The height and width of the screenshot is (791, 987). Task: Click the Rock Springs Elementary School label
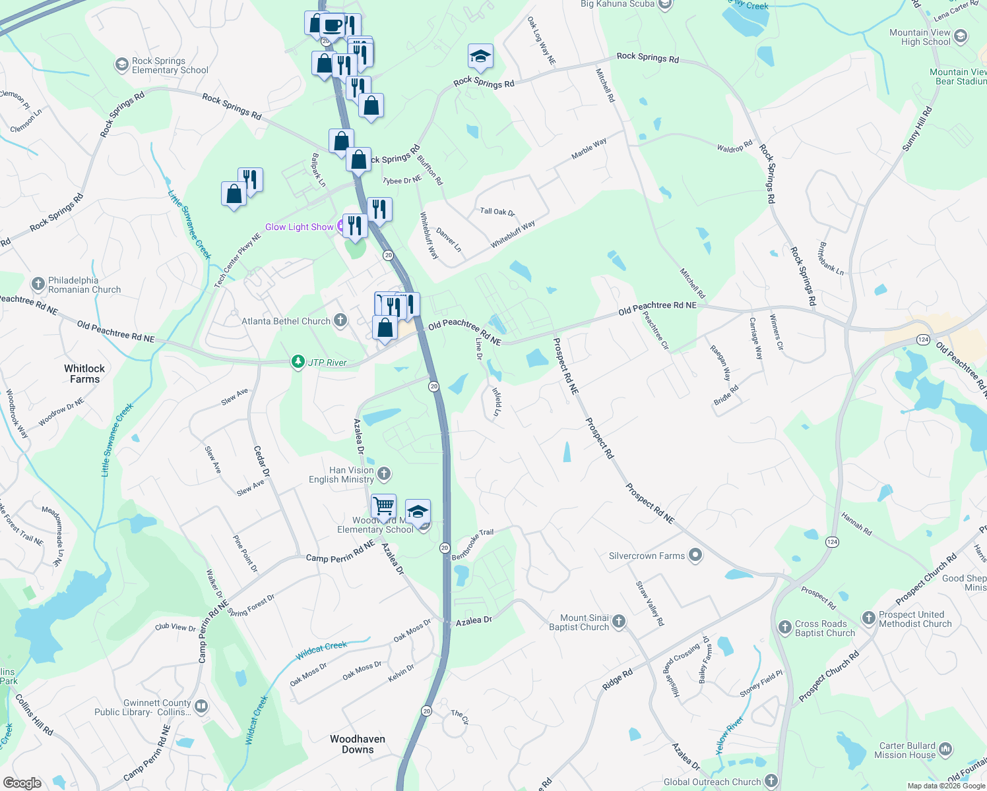(x=170, y=65)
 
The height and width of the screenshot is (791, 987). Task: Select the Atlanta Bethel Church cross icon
(x=340, y=321)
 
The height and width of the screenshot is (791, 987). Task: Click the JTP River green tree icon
(x=299, y=362)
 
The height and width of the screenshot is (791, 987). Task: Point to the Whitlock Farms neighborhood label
(x=84, y=374)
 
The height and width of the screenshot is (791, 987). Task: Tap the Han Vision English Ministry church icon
(x=384, y=474)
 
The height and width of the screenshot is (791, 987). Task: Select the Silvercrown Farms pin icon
(x=695, y=556)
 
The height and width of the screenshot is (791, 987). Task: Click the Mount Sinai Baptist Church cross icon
(x=619, y=621)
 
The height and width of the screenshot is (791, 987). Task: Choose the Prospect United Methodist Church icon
(x=869, y=618)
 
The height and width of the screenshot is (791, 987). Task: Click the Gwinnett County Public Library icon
(x=201, y=707)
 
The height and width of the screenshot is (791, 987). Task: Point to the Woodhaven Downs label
(x=358, y=744)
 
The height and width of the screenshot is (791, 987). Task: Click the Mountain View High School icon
(x=961, y=36)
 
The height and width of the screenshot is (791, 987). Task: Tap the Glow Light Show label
(x=299, y=227)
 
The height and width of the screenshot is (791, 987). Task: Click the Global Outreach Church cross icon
(x=771, y=782)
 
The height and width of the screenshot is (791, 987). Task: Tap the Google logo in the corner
(x=22, y=783)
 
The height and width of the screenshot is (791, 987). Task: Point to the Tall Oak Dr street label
(x=497, y=212)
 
